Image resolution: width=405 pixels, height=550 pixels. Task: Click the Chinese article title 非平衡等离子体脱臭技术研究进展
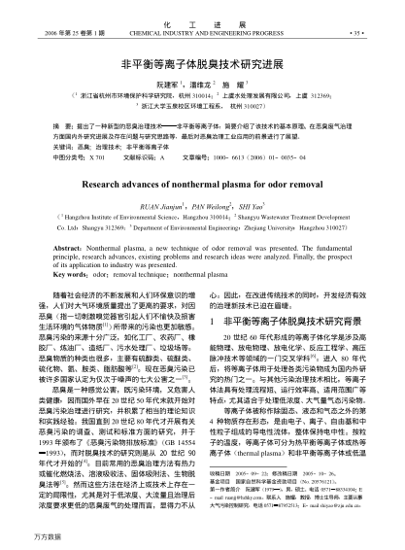click(202, 58)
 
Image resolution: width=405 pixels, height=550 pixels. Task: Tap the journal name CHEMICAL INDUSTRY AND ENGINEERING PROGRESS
click(202, 18)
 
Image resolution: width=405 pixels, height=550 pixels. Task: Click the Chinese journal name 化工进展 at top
click(202, 8)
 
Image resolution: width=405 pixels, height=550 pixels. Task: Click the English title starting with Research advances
click(202, 181)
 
